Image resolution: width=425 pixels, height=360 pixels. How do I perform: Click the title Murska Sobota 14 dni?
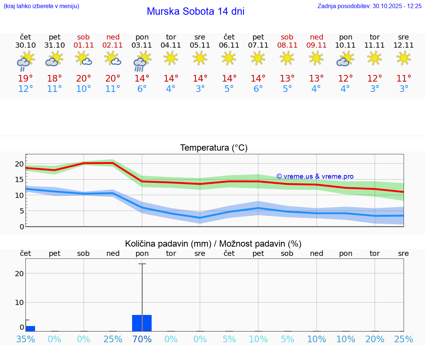pos(196,11)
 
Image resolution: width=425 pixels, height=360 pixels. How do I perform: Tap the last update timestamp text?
pos(369,6)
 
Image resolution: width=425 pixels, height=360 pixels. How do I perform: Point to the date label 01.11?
pos(84,45)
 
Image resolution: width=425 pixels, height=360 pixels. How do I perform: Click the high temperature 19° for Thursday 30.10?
pos(25,79)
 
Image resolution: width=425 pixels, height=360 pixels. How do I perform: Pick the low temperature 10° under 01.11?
pos(84,89)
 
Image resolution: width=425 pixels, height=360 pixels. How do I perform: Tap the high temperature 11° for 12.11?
pos(404,79)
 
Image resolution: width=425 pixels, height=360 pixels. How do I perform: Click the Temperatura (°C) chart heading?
pos(214,148)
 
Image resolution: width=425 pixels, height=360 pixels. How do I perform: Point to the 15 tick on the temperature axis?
pos(20,179)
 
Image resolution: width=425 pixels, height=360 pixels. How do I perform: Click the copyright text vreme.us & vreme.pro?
pos(315,176)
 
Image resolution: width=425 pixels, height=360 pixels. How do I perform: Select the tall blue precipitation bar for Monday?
pos(142,323)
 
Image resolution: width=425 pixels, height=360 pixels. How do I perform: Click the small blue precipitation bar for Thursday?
pos(30,328)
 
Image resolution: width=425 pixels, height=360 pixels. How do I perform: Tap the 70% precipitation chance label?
pos(142,339)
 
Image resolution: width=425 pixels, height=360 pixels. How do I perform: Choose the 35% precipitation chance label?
pos(25,339)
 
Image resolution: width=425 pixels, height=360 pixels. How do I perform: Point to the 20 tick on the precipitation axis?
pos(20,274)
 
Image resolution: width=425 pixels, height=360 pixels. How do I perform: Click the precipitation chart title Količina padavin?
pos(213,244)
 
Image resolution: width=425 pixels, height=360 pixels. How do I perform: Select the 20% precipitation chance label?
pos(375,339)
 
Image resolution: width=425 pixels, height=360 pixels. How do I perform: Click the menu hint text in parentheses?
pos(41,6)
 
